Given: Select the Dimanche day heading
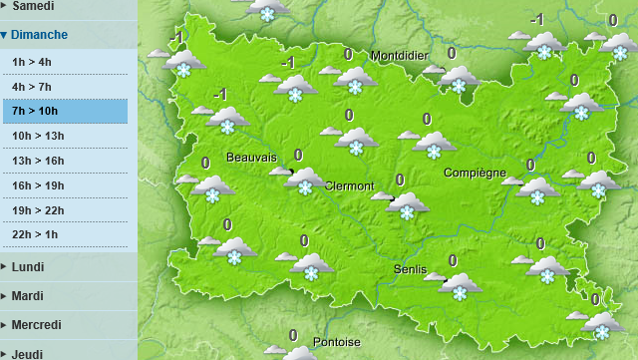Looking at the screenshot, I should tap(40, 35).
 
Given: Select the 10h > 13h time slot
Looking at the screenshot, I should tap(38, 136).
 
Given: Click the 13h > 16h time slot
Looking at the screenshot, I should tap(38, 161).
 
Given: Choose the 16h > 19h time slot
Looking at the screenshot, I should tap(38, 184).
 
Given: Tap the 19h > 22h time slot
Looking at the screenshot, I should tap(38, 209).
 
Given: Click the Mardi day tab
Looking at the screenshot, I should tap(28, 296).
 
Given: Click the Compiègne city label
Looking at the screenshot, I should tap(476, 173).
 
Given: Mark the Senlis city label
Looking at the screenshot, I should tap(410, 269).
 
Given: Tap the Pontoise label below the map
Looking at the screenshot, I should tap(337, 342).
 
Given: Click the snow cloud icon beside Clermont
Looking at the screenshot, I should tap(305, 180).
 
